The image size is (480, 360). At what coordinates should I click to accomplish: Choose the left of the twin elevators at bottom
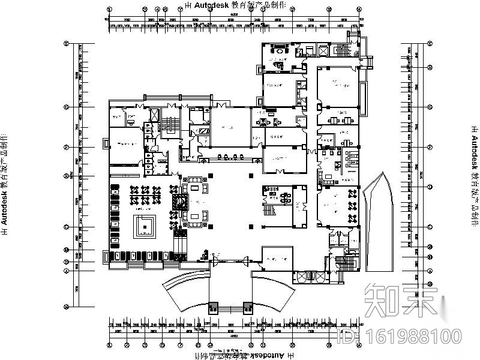[302, 277]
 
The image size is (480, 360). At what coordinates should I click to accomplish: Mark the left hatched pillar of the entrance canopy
[213, 308]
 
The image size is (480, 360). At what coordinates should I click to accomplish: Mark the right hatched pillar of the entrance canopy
[247, 308]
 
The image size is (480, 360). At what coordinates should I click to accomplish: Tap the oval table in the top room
[281, 52]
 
